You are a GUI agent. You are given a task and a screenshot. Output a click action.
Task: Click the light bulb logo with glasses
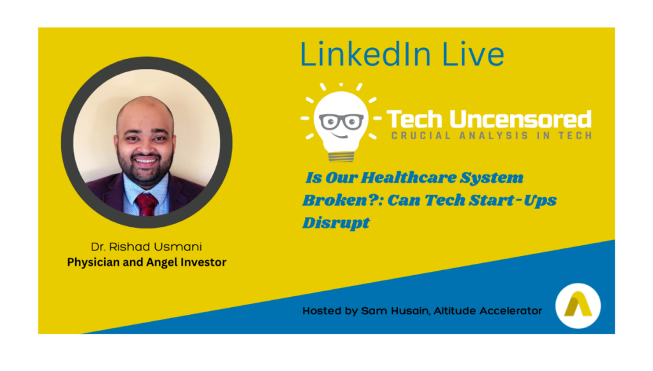(x=341, y=122)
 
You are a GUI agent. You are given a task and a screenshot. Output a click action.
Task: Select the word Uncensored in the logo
(x=520, y=119)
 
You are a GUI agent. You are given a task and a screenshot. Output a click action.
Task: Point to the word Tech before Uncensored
(x=415, y=119)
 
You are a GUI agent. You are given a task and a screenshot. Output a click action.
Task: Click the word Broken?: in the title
(x=342, y=201)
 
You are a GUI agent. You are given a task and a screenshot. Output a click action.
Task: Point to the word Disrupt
(x=336, y=223)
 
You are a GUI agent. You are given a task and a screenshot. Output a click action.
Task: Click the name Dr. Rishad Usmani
(x=147, y=246)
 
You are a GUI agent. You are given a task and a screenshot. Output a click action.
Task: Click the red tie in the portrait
(x=146, y=204)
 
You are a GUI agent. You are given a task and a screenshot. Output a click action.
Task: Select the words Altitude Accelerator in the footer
(x=488, y=311)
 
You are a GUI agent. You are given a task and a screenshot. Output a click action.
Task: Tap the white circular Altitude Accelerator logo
(x=578, y=306)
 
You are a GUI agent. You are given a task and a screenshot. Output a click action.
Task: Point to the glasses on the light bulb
(x=342, y=122)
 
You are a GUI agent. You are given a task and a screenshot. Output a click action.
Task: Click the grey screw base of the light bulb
(x=341, y=156)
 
